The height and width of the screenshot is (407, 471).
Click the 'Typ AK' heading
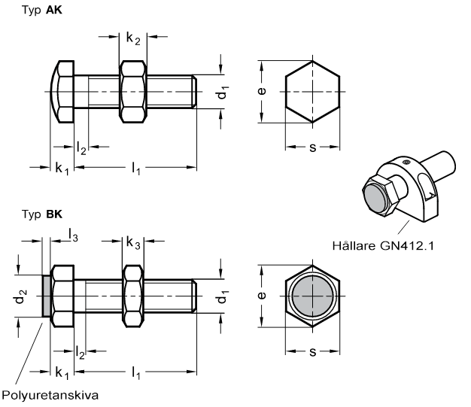click(x=42, y=11)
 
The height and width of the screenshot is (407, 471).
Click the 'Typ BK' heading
click(x=42, y=214)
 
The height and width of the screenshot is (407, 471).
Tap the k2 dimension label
click(x=133, y=39)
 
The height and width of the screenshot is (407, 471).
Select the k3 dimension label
click(x=133, y=243)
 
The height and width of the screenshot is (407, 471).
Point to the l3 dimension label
click(x=73, y=235)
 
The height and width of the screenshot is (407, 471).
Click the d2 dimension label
click(x=20, y=296)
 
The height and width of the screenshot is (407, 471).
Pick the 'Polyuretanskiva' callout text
click(x=50, y=395)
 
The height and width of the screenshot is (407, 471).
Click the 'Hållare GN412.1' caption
click(x=383, y=246)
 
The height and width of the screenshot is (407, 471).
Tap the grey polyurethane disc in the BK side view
click(x=46, y=296)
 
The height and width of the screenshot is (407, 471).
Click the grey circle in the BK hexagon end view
click(x=313, y=296)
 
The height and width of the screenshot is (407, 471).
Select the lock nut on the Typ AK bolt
click(x=133, y=92)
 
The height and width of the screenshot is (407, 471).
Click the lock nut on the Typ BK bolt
click(x=133, y=296)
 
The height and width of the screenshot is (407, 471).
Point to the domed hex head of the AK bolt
click(x=62, y=92)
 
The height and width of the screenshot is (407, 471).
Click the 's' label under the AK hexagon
click(x=313, y=147)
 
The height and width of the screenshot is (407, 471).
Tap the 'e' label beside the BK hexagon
click(x=262, y=296)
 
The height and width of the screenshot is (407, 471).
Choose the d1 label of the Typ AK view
click(x=223, y=93)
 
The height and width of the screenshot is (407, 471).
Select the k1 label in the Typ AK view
click(x=62, y=169)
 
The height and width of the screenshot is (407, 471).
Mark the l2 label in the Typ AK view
click(x=81, y=148)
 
